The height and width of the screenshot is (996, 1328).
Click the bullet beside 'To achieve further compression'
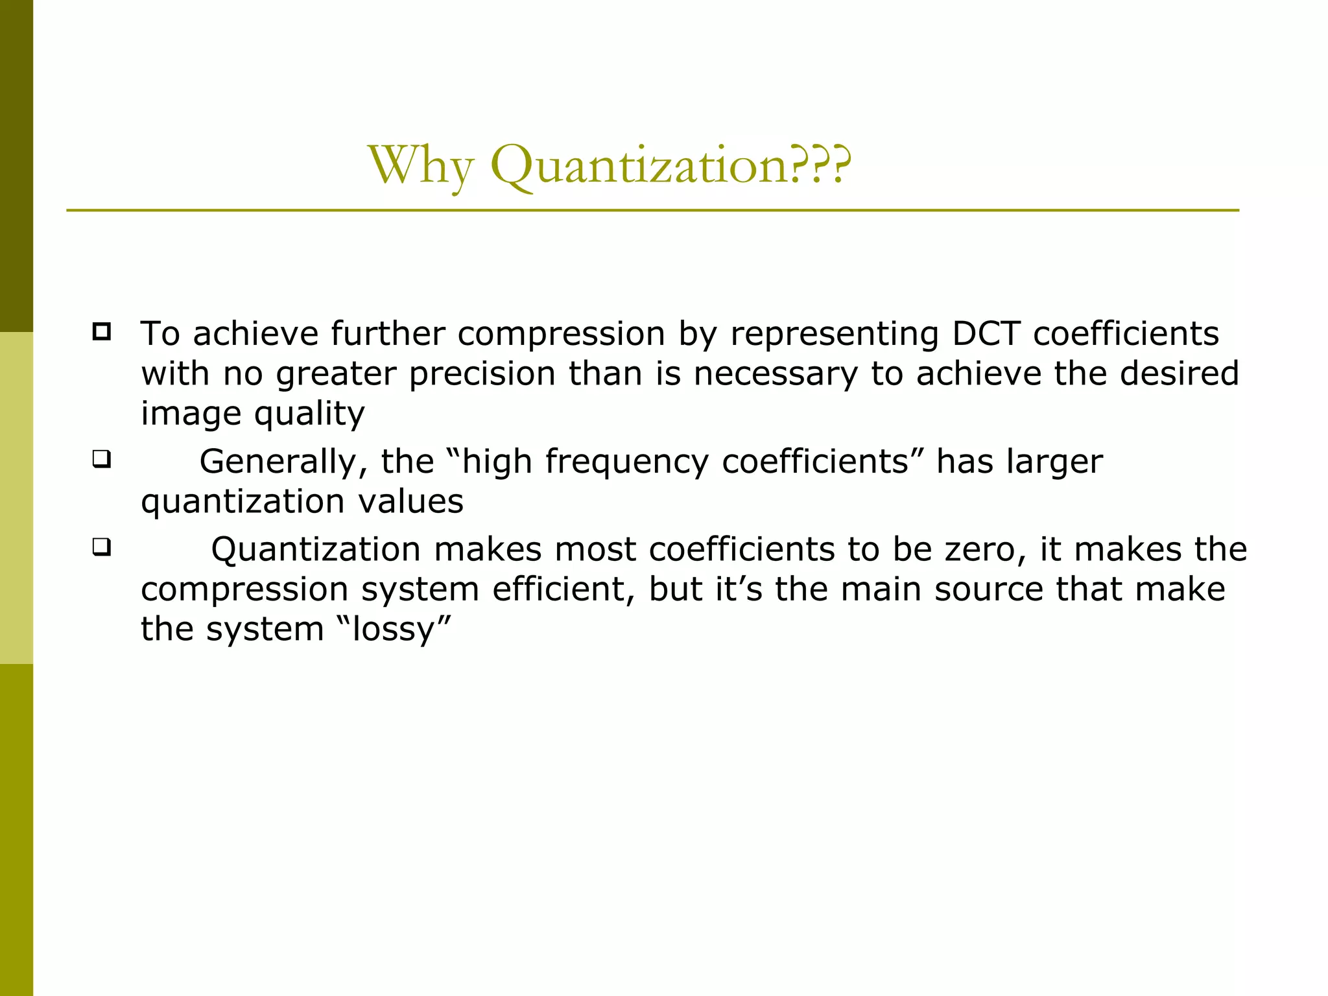(x=101, y=332)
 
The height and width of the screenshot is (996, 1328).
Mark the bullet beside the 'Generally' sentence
(x=101, y=460)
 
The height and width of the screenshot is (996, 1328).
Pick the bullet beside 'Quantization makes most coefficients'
(x=101, y=547)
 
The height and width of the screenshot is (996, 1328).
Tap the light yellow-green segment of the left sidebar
(x=16, y=498)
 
